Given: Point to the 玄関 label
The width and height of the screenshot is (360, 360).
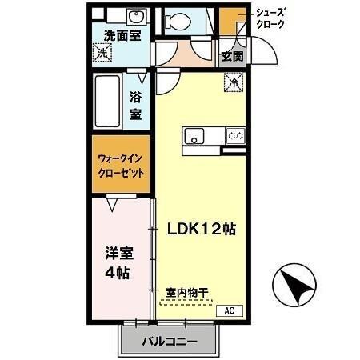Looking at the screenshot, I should (x=233, y=56).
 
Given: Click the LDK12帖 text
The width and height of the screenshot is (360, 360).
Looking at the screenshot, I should (x=200, y=227).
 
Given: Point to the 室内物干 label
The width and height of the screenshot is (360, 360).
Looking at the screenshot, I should (x=187, y=293).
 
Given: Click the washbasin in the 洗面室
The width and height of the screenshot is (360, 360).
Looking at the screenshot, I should (x=134, y=18).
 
